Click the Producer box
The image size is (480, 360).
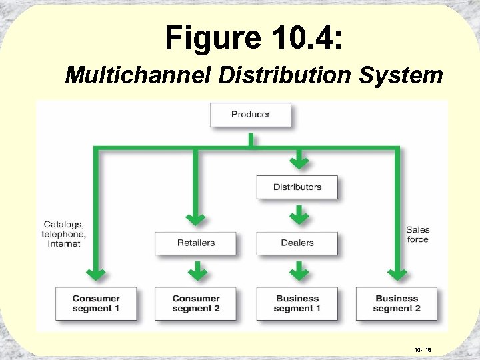251,114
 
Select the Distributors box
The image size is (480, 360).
297,187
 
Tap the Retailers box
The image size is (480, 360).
196,243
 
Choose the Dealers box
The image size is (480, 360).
297,243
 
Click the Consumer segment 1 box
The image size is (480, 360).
96,303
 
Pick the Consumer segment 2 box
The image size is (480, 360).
196,303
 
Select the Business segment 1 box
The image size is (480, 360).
297,303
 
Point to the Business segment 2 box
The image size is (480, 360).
398,303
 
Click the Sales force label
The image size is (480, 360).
418,235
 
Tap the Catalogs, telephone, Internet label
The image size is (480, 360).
64,234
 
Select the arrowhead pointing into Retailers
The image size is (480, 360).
196,217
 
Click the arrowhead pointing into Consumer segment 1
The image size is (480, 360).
97,273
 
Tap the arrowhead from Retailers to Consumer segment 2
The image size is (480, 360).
196,273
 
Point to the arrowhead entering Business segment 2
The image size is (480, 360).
398,273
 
